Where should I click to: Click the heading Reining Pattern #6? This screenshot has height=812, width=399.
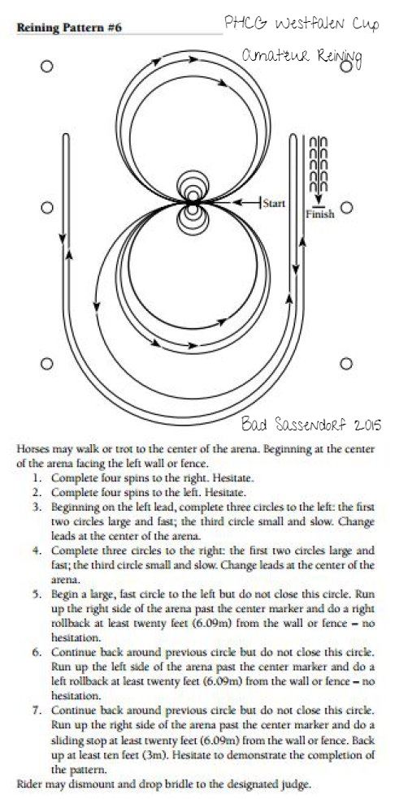[x=69, y=28]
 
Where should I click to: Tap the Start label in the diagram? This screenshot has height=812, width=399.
[x=274, y=203]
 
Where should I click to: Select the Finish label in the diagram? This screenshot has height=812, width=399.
[x=319, y=214]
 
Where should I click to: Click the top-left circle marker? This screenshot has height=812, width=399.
[x=46, y=67]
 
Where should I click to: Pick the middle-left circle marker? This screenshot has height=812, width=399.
[x=46, y=208]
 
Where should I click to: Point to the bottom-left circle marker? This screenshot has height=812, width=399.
[x=46, y=364]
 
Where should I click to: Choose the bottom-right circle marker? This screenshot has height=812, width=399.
[x=346, y=364]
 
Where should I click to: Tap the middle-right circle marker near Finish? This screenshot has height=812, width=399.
[x=346, y=208]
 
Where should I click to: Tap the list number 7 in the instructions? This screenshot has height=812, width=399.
[x=37, y=710]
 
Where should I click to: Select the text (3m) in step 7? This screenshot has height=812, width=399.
[x=158, y=755]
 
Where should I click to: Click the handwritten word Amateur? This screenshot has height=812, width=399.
[x=269, y=55]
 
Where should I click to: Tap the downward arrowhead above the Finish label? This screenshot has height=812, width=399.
[x=319, y=200]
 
